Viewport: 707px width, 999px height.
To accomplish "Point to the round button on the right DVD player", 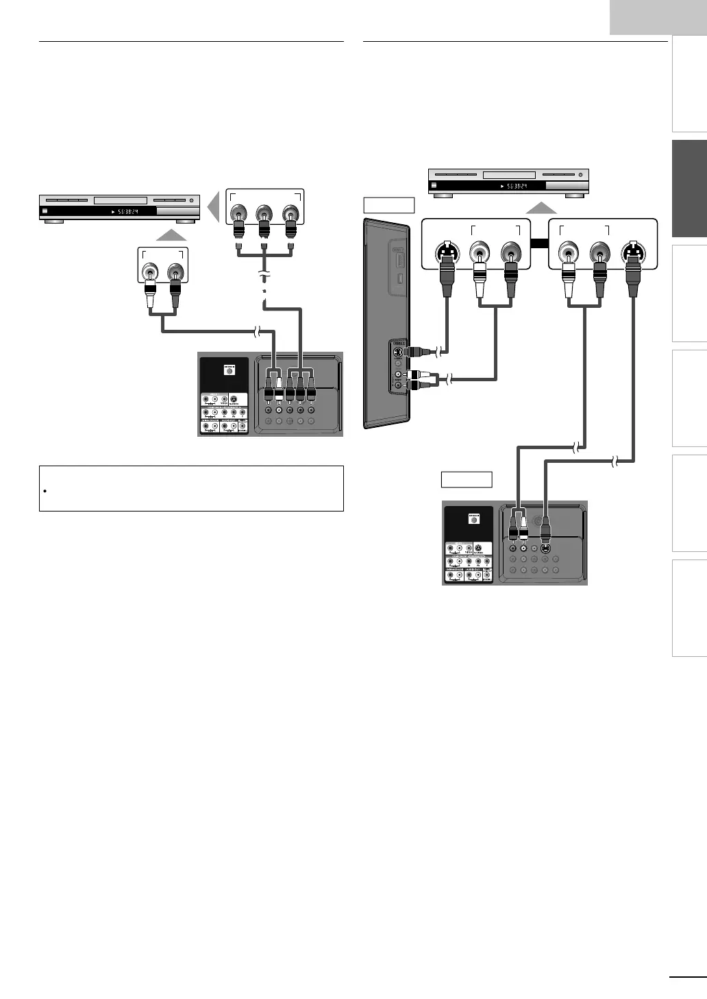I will pos(580,176).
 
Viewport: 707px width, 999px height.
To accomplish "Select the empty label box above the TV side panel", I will pos(388,205).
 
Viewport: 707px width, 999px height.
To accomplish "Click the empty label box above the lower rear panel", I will pos(466,479).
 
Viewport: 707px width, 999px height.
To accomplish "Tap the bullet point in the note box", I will pos(44,492).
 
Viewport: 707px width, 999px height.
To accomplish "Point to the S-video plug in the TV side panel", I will pos(418,352).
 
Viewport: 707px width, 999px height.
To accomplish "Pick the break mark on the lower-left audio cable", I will pos(258,333).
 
